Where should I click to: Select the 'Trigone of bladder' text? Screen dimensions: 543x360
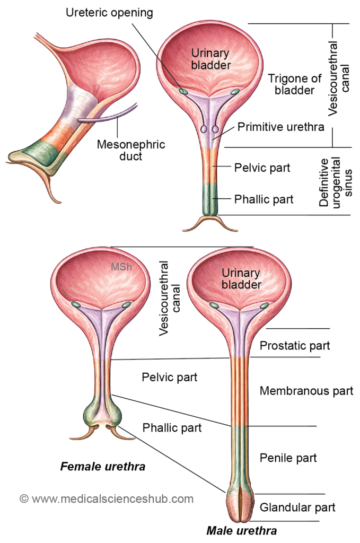[294, 84]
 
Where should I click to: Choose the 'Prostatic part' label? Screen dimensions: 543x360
[295, 346]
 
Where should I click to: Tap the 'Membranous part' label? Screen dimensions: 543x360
[306, 391]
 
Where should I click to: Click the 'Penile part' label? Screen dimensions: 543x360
[288, 457]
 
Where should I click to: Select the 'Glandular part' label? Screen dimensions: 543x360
[298, 507]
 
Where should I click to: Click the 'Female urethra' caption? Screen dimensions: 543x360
[103, 467]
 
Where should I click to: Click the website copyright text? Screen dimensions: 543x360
[107, 499]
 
